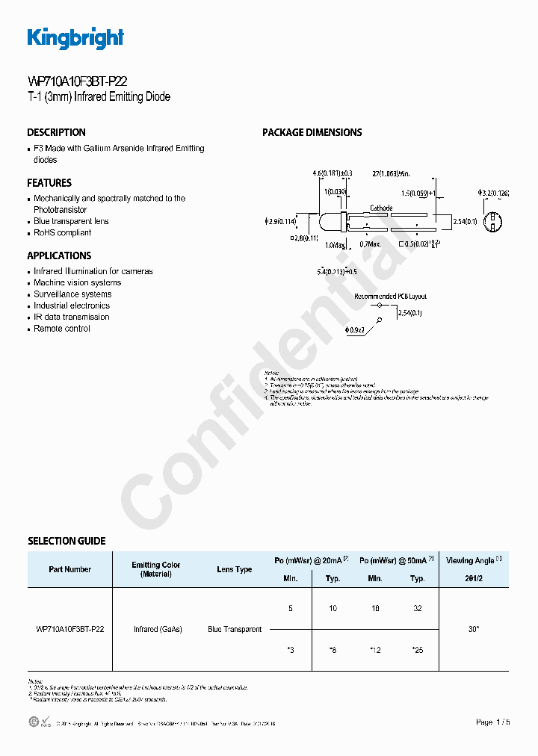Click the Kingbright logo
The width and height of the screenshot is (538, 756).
[x=75, y=38]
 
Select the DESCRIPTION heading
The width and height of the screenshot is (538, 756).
[x=57, y=132]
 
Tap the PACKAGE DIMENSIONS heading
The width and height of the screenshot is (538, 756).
[x=312, y=132]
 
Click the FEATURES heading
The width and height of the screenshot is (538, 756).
[x=49, y=183]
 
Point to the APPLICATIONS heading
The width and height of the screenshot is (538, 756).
[x=59, y=255]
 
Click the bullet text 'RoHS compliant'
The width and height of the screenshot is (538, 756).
[x=63, y=232]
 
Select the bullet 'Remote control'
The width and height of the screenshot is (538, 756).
[x=62, y=329]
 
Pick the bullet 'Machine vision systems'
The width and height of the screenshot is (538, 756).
[x=77, y=283]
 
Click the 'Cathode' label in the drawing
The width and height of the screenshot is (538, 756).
[x=381, y=208]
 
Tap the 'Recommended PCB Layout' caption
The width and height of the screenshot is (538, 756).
[x=390, y=297]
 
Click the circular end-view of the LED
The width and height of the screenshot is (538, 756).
[x=492, y=222]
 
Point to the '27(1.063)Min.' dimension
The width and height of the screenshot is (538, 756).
[x=392, y=173]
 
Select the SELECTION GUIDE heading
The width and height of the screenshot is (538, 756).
[x=67, y=541]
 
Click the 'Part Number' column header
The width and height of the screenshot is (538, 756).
[x=70, y=569]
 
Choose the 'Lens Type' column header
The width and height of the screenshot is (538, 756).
[x=235, y=569]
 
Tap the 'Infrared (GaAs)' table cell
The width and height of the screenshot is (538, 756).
[x=158, y=630]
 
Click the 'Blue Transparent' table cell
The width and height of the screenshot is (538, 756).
[x=235, y=630]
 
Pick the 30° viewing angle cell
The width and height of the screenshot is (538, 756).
[x=474, y=630]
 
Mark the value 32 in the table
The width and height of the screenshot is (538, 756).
[x=418, y=609]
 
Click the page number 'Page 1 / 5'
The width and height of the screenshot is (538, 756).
[x=493, y=722]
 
